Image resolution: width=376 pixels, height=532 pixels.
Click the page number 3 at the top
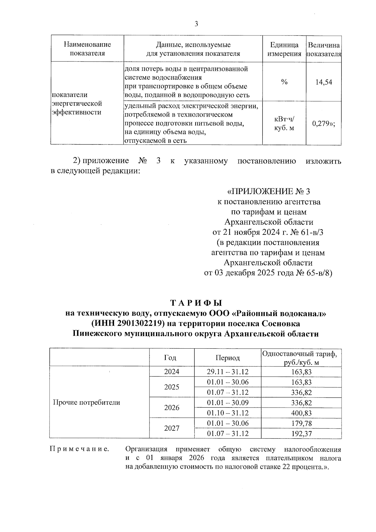(196, 24)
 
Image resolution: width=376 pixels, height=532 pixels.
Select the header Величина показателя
(324, 49)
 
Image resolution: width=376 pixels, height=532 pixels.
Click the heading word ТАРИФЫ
(196, 303)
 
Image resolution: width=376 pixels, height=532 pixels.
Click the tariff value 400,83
(301, 413)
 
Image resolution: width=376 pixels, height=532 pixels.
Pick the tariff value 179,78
(301, 423)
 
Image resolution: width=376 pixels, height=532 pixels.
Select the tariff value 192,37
(301, 434)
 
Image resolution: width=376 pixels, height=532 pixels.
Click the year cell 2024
(172, 371)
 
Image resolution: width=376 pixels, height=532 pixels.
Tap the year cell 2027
(172, 428)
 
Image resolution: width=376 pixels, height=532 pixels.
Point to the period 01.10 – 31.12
(227, 413)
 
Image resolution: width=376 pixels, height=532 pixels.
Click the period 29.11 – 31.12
(227, 372)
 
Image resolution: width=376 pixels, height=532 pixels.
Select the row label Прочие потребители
(87, 403)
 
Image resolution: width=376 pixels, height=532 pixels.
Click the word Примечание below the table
(80, 449)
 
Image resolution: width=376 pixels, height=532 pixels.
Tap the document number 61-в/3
(309, 232)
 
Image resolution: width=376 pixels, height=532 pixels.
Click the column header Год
(170, 358)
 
